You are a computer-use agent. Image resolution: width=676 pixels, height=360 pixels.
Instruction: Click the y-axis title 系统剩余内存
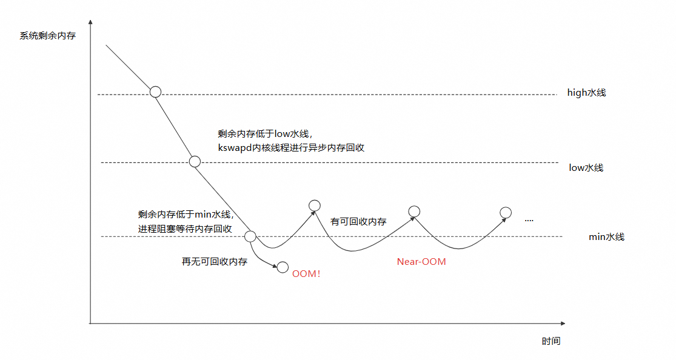pyautogui.click(x=47, y=36)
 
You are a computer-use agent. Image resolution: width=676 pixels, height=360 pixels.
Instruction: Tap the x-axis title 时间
pyautogui.click(x=551, y=341)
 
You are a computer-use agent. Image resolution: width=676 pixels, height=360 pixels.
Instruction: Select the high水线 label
pyautogui.click(x=586, y=93)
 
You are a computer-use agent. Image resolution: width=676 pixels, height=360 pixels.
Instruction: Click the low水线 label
pyautogui.click(x=586, y=168)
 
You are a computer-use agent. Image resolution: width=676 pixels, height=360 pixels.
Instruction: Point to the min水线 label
pyautogui.click(x=606, y=237)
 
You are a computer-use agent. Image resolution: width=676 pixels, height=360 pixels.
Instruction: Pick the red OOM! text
pyautogui.click(x=306, y=274)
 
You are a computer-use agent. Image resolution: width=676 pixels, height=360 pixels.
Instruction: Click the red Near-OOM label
pyautogui.click(x=421, y=262)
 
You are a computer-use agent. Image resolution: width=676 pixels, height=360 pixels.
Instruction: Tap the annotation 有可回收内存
pyautogui.click(x=358, y=222)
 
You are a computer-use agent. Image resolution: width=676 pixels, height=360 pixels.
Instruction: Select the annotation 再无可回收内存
pyautogui.click(x=215, y=262)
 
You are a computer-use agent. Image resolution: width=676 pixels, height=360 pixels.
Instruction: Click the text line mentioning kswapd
pyautogui.click(x=292, y=148)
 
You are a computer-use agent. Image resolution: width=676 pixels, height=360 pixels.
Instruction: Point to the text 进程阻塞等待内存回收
pyautogui.click(x=185, y=229)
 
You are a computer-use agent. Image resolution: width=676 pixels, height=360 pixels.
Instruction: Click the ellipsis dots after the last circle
pyautogui.click(x=529, y=221)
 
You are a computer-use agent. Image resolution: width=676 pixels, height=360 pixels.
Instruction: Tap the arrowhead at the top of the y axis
pyautogui.click(x=90, y=22)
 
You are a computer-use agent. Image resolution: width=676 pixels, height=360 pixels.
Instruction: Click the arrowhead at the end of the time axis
pyautogui.click(x=563, y=323)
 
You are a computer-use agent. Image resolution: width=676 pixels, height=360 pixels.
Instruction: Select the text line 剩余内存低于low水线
pyautogui.click(x=265, y=134)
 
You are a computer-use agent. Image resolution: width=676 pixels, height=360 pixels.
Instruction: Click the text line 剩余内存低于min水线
pyautogui.click(x=186, y=215)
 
